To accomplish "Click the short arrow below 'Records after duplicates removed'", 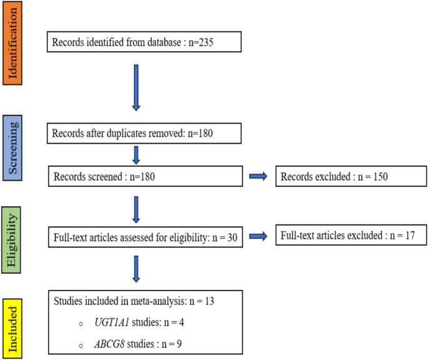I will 137,154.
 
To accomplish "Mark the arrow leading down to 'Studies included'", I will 137,269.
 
